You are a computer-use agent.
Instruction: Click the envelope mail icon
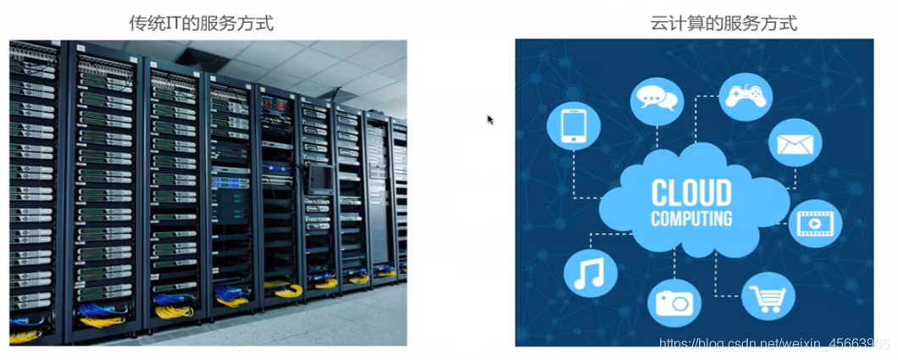pos(795,144)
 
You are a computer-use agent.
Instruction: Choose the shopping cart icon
pos(768,296)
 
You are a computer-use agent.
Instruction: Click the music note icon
pos(590,273)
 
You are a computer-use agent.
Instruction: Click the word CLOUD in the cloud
pos(692,193)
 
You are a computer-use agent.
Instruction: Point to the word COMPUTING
pos(692,219)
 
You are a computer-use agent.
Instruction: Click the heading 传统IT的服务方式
pos(201,24)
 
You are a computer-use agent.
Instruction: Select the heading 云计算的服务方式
pos(723,24)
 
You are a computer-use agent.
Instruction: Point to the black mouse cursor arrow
pos(491,119)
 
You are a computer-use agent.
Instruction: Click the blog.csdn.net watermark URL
pos(775,343)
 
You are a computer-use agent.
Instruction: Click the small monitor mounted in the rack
pos(321,178)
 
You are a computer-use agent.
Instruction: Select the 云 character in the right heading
pos(658,24)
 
